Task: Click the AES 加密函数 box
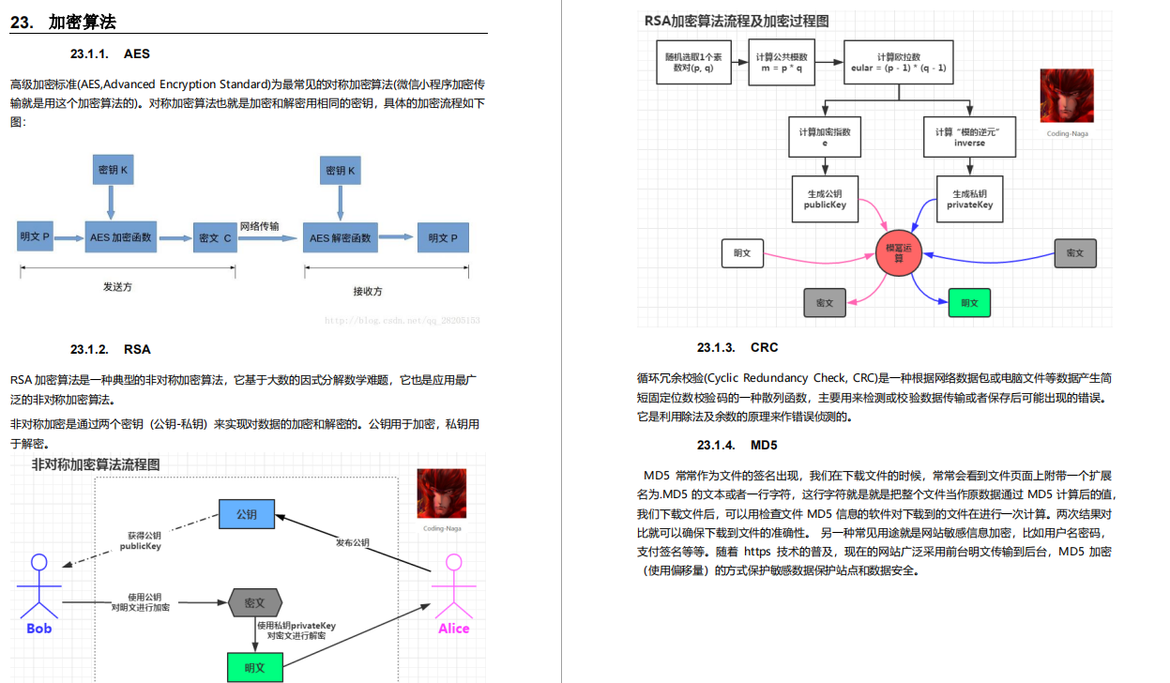click(120, 237)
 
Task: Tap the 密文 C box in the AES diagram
click(215, 237)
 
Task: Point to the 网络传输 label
click(259, 226)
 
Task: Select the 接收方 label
click(368, 291)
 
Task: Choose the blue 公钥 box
click(246, 514)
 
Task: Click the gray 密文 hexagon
click(254, 602)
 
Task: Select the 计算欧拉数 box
click(898, 63)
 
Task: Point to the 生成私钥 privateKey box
click(969, 199)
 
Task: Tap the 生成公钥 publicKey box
click(826, 199)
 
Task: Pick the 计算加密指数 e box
click(826, 137)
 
